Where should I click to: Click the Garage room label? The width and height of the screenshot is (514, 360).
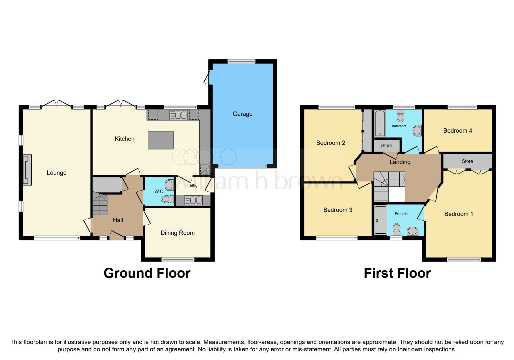click(242, 114)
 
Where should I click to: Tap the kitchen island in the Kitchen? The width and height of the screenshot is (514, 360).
click(161, 140)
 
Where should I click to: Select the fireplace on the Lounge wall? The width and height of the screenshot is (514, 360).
click(27, 170)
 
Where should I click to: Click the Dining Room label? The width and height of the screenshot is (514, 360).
click(177, 233)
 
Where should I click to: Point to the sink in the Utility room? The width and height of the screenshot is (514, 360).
click(193, 200)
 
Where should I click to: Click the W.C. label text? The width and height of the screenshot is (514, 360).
click(159, 192)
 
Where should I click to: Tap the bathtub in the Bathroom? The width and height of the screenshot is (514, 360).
click(380, 123)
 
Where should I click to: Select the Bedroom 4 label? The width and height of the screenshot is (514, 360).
click(457, 131)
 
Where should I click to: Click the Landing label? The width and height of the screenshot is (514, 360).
click(400, 162)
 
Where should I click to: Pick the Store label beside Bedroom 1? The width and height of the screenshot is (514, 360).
click(467, 161)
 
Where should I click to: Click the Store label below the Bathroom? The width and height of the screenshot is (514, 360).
click(387, 145)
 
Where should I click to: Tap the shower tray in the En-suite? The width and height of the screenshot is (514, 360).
click(380, 220)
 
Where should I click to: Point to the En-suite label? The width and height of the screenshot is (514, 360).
click(401, 214)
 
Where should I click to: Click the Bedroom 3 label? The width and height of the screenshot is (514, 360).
click(338, 210)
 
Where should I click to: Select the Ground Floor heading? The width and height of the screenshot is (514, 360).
click(147, 273)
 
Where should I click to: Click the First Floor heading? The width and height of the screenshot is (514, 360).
click(397, 273)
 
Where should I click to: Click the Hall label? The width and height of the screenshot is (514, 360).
click(118, 220)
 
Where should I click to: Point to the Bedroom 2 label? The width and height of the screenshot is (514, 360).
click(331, 143)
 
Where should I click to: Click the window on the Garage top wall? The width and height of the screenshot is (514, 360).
click(241, 61)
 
